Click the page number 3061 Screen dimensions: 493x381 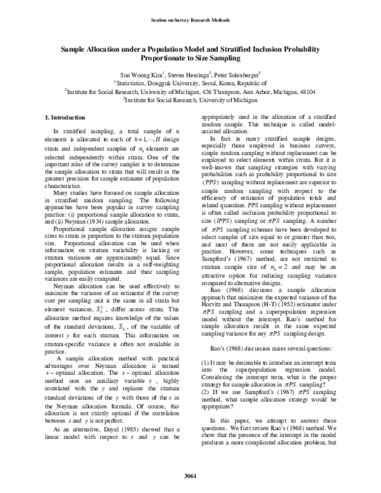pos(190,476)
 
